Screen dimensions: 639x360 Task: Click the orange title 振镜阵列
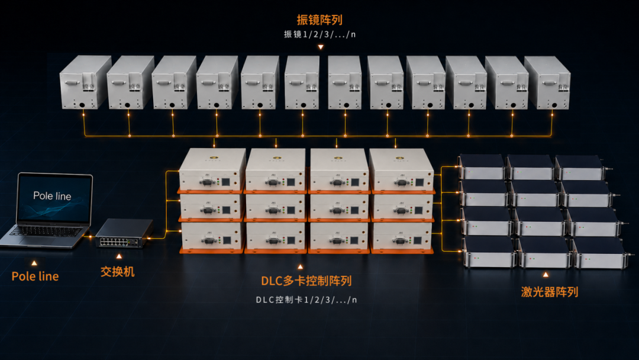click(x=319, y=20)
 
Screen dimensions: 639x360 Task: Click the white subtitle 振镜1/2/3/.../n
click(x=319, y=34)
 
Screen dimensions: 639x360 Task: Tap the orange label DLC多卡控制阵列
click(x=306, y=281)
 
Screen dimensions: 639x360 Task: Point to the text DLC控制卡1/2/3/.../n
click(x=306, y=300)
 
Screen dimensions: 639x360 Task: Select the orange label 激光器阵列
click(x=549, y=292)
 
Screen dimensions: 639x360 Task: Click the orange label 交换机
click(x=117, y=272)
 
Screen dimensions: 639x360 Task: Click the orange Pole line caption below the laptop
click(x=35, y=277)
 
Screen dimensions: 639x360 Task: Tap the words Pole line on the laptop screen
click(x=52, y=196)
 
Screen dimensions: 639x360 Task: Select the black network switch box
click(x=124, y=233)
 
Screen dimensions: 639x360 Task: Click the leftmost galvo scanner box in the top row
click(x=85, y=82)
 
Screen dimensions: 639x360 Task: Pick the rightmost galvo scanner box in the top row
click(x=547, y=83)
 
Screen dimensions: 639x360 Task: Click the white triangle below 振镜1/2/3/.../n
click(x=321, y=47)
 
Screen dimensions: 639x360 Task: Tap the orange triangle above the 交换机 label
click(x=119, y=256)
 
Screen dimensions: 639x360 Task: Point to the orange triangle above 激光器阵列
click(x=546, y=275)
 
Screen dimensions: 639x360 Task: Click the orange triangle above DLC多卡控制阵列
click(x=301, y=266)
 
